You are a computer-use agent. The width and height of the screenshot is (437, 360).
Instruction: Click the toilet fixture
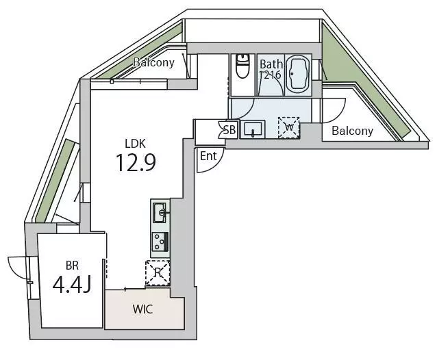point(242,66)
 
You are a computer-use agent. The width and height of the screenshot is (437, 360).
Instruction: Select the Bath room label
point(271,64)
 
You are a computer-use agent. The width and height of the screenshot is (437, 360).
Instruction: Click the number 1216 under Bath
point(270,75)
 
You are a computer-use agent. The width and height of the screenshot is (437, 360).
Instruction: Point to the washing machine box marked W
point(289,128)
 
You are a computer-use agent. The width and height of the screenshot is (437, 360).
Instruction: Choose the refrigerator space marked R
point(158,273)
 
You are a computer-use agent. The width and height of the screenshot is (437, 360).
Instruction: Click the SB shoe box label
point(229,130)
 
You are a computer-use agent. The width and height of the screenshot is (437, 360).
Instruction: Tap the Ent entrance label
point(208,156)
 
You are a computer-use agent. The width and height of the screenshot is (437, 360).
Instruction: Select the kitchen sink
point(160,213)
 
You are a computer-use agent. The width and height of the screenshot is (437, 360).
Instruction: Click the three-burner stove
point(160,242)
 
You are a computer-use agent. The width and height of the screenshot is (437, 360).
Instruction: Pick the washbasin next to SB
point(253,129)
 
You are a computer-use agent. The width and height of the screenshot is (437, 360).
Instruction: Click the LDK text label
point(135,144)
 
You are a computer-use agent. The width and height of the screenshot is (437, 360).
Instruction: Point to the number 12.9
point(136,163)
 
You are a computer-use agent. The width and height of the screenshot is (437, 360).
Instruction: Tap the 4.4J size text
point(72,285)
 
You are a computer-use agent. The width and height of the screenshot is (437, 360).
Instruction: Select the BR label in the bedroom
point(72,266)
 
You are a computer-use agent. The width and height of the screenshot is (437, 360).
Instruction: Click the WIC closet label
point(142,309)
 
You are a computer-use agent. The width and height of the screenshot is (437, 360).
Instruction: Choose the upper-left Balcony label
point(153,62)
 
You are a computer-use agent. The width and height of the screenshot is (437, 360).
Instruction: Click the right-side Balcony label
point(352,131)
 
